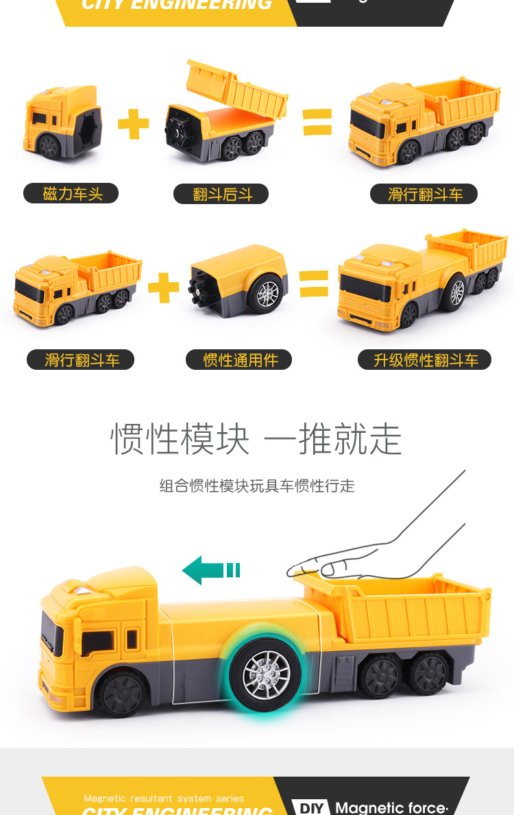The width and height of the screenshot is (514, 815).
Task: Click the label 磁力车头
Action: click(x=71, y=194)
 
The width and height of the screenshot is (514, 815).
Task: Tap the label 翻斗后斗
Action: click(x=221, y=194)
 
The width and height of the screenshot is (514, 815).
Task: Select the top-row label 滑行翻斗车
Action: click(x=424, y=194)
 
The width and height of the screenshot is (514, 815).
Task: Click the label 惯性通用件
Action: click(x=238, y=360)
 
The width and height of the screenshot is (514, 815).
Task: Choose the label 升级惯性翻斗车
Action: click(x=424, y=360)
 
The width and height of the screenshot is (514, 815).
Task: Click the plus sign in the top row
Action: click(x=133, y=123)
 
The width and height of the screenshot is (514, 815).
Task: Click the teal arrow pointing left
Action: click(x=210, y=570)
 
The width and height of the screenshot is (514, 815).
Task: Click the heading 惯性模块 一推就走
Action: click(x=256, y=439)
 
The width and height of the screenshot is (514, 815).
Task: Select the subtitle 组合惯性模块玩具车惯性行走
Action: click(x=257, y=486)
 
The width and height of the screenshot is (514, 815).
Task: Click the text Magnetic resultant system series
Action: click(x=164, y=799)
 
